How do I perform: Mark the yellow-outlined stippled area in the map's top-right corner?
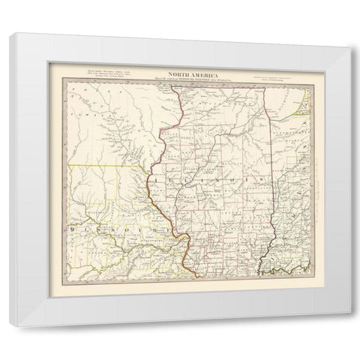click(301, 94)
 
